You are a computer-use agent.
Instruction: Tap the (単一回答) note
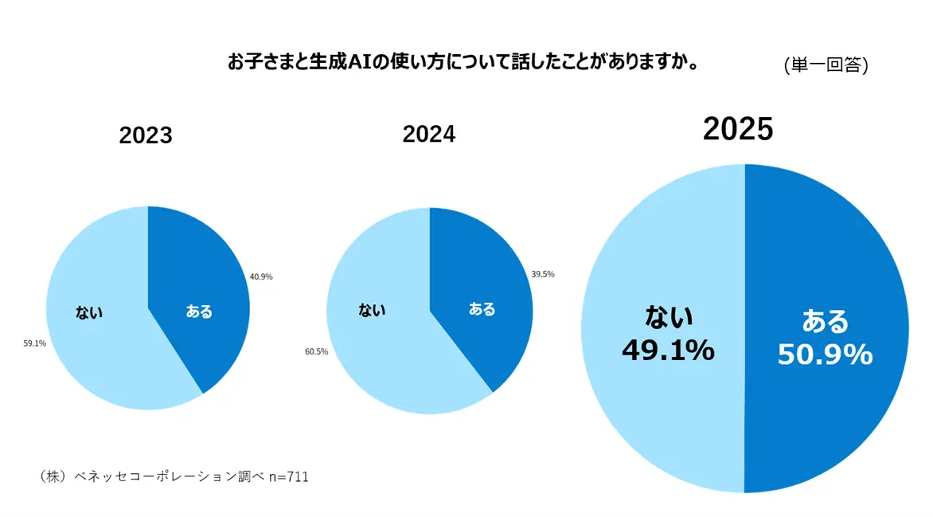[x=826, y=65]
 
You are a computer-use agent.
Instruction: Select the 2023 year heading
[x=146, y=135]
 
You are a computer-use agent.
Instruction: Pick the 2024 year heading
[x=429, y=134]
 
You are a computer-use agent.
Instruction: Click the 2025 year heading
[x=738, y=129]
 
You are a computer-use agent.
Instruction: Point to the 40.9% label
[x=261, y=276]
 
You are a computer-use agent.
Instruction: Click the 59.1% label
[x=35, y=343]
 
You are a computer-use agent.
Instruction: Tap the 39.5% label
[x=543, y=274]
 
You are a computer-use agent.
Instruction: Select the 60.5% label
[x=316, y=351]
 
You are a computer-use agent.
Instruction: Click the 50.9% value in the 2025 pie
[x=825, y=355]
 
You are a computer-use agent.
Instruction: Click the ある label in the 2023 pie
[x=199, y=311]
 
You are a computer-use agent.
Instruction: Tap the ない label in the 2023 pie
[x=89, y=312]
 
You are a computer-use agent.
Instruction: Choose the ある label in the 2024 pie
[x=482, y=309]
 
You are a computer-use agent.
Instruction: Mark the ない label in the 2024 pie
[x=372, y=309]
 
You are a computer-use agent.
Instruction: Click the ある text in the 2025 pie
[x=825, y=322]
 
